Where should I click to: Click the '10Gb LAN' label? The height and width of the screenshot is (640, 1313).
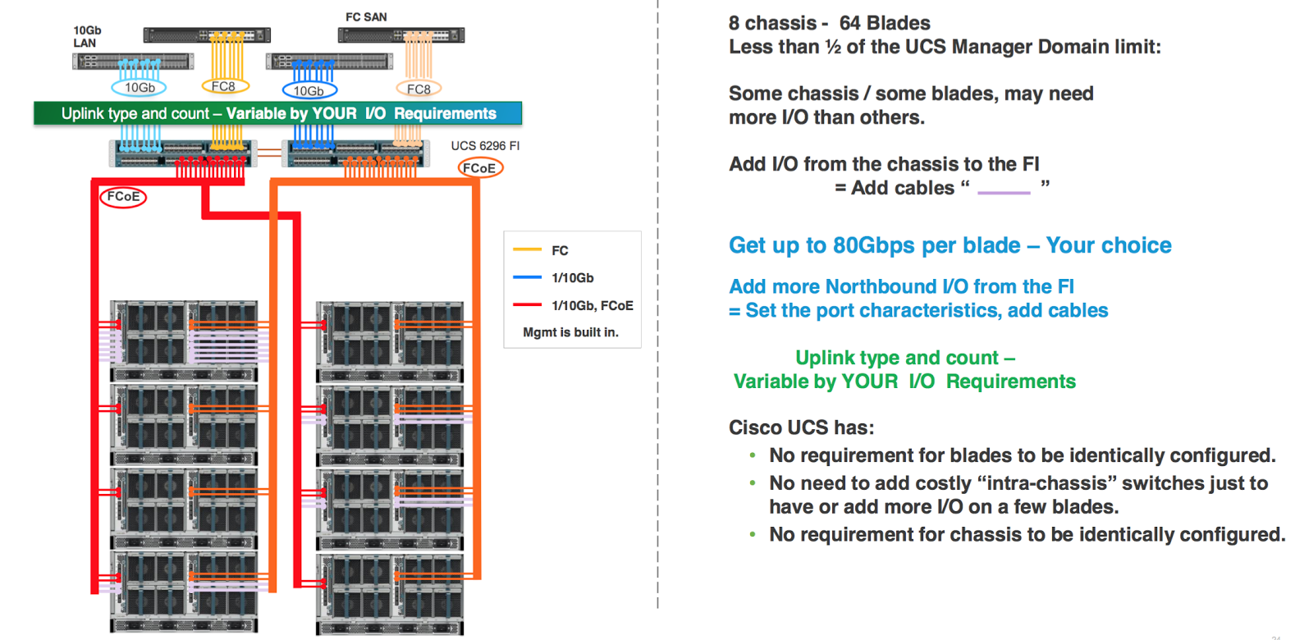pyautogui.click(x=87, y=37)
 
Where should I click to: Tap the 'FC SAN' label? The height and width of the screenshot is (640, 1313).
pyautogui.click(x=366, y=16)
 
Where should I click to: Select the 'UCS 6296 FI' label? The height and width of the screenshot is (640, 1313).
pyautogui.click(x=485, y=146)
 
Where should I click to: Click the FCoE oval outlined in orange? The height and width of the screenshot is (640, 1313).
pyautogui.click(x=479, y=168)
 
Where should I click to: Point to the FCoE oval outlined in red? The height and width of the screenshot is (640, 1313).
pyautogui.click(x=123, y=197)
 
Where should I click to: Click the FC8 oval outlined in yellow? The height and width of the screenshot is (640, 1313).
pyautogui.click(x=224, y=86)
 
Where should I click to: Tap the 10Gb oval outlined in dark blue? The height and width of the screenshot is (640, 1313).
pyautogui.click(x=309, y=91)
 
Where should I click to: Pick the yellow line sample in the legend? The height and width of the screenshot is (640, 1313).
pyautogui.click(x=527, y=249)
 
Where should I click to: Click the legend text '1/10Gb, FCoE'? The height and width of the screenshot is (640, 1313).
pyautogui.click(x=592, y=305)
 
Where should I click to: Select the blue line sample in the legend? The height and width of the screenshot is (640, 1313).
pyautogui.click(x=527, y=277)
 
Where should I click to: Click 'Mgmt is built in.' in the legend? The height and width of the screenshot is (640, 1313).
pyautogui.click(x=570, y=332)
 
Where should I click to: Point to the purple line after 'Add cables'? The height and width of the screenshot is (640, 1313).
pyautogui.click(x=1004, y=193)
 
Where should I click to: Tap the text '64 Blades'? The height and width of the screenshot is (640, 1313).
pyautogui.click(x=885, y=23)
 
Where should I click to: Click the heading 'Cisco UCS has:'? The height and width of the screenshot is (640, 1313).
pyautogui.click(x=802, y=427)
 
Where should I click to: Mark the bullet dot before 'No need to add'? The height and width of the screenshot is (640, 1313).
pyautogui.click(x=753, y=483)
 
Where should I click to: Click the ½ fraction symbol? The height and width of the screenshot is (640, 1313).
pyautogui.click(x=833, y=47)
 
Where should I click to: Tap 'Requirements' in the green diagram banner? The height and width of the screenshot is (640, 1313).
pyautogui.click(x=445, y=113)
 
